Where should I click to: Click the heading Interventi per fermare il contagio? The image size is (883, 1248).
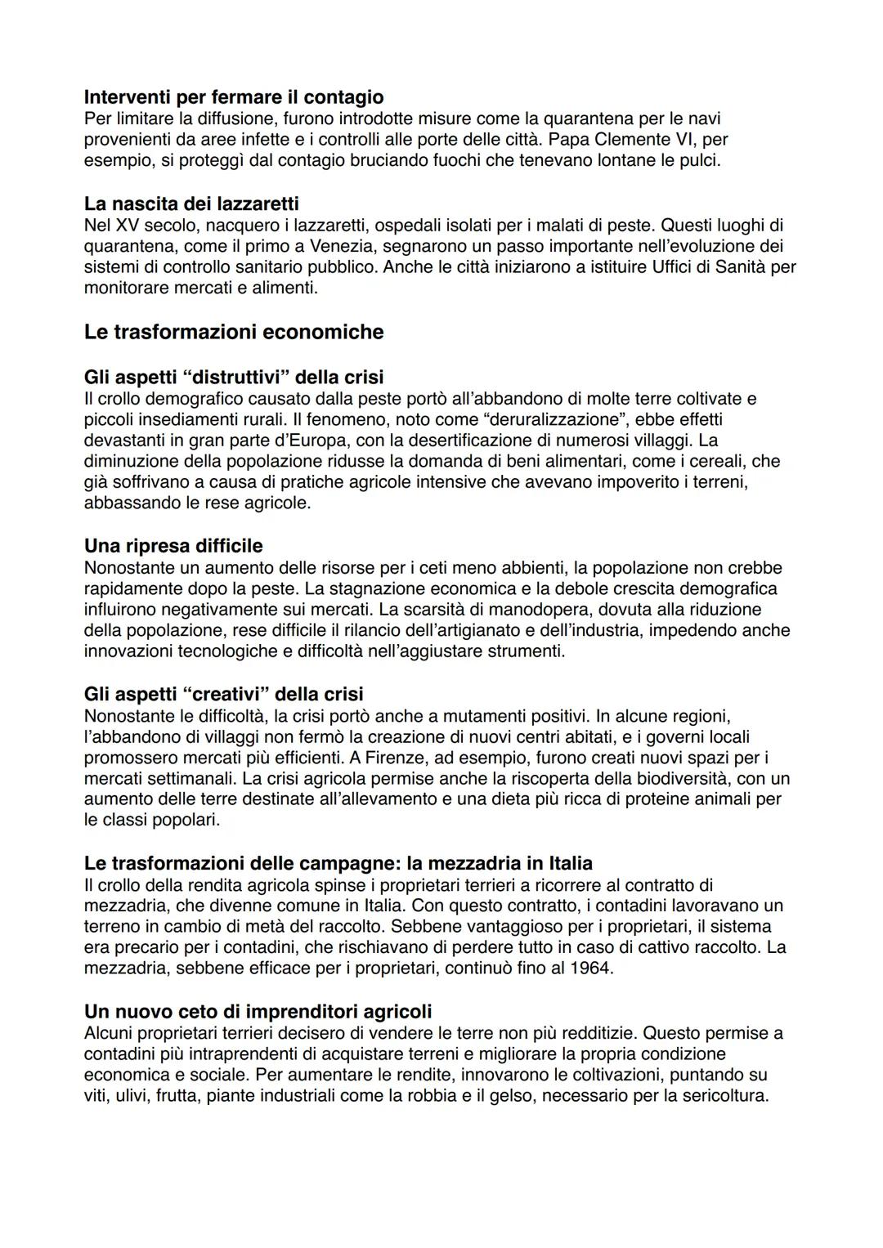[234, 97]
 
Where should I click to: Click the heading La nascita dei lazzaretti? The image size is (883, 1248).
[191, 203]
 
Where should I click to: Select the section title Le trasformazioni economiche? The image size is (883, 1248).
[234, 332]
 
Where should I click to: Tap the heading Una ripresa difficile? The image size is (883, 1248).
[173, 545]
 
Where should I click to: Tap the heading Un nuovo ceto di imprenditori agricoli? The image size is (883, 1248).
[258, 1011]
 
